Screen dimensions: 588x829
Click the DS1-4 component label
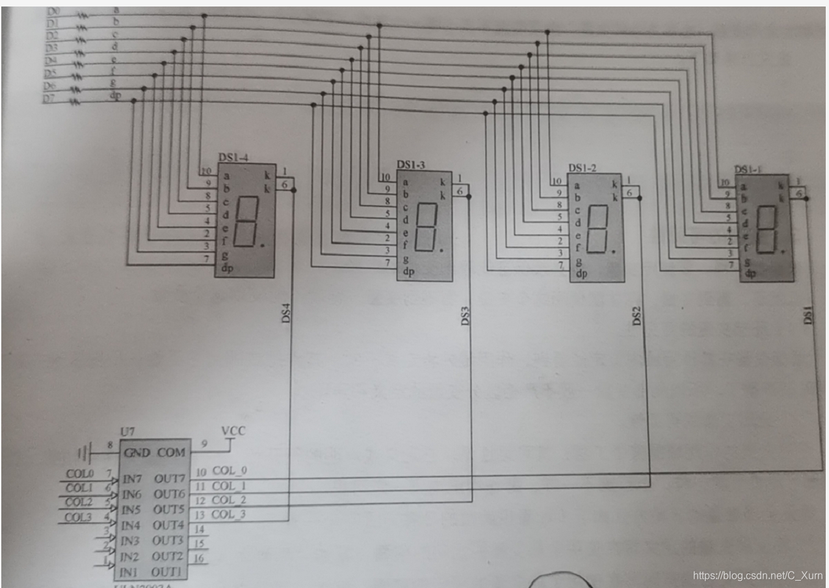coord(233,157)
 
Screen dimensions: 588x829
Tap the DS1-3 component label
coord(410,165)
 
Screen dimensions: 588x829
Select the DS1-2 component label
coord(583,168)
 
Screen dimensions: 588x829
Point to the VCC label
coord(233,431)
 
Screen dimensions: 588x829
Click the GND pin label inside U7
coord(137,453)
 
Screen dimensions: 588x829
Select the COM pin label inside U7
coord(171,453)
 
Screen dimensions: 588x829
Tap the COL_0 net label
coord(230,470)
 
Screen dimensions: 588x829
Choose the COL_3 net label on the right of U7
coord(230,514)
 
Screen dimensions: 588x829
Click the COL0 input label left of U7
coord(79,474)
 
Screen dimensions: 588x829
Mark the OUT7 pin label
coord(169,479)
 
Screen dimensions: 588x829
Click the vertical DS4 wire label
coord(285,315)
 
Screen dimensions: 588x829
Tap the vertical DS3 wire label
coord(465,316)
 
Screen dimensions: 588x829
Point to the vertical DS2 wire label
coord(637,316)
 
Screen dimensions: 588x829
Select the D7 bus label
coord(49,98)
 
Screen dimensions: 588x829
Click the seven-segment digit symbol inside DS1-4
coord(246,222)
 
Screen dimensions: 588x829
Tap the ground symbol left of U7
coord(82,451)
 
